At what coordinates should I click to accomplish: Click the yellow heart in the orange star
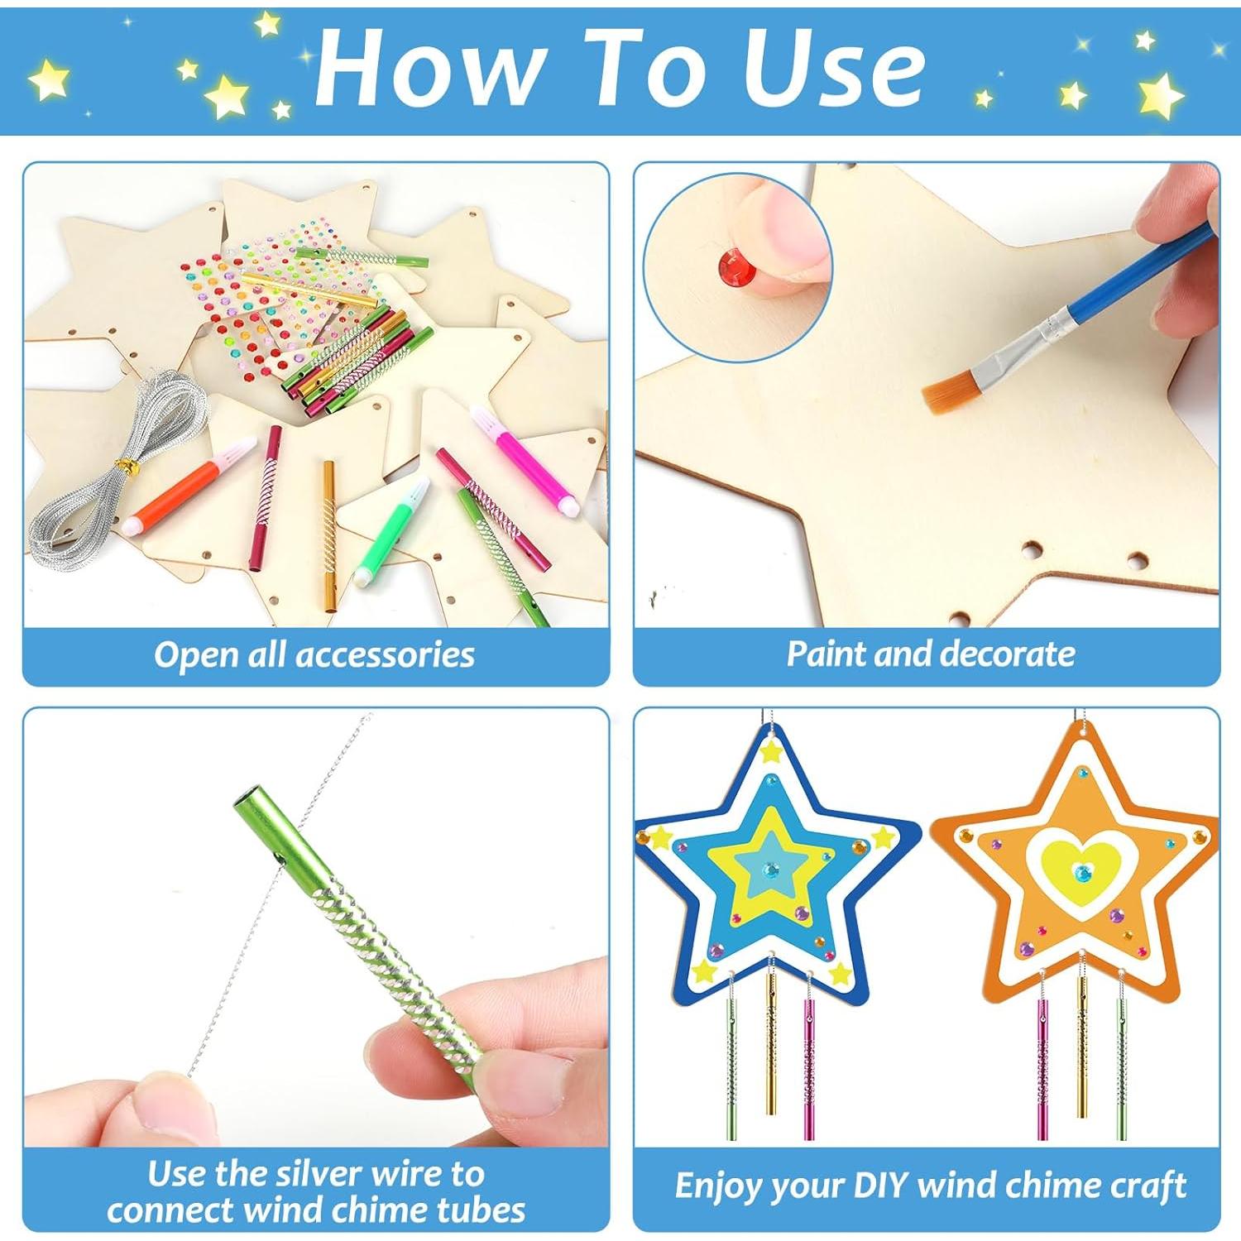click(1082, 870)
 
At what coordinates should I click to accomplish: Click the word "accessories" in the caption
click(385, 654)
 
